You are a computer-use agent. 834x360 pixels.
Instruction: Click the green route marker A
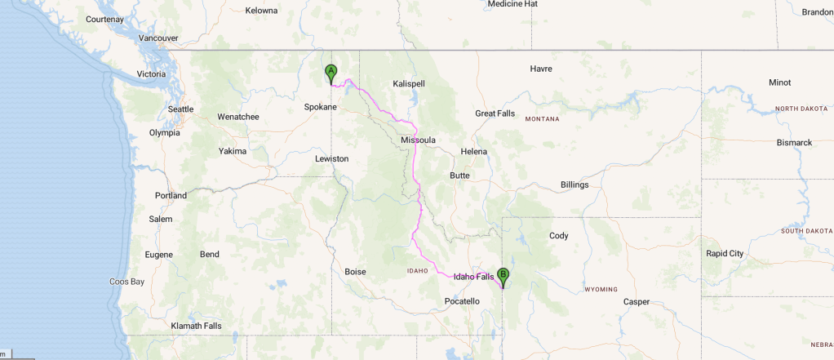tap(330, 73)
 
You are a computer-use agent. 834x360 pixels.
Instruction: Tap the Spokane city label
tap(320, 107)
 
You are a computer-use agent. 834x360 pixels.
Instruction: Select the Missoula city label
tap(418, 140)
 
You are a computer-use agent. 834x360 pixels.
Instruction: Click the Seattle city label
tap(180, 109)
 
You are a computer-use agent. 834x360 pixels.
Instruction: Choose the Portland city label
tap(171, 196)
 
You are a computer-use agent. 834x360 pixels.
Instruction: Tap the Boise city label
tap(355, 272)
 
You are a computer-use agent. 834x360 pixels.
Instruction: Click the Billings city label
tap(574, 185)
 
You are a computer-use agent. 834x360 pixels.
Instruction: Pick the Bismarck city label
tap(794, 143)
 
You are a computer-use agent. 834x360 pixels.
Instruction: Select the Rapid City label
tap(725, 254)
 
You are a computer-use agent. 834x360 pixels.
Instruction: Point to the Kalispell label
tap(409, 84)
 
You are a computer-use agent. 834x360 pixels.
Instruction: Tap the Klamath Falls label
tap(196, 327)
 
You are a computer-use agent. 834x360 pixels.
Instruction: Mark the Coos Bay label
tap(126, 282)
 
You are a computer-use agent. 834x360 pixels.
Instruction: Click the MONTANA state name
tap(542, 119)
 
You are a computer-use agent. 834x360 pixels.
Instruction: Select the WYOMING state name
tap(601, 290)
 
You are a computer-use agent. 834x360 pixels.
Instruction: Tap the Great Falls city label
tap(495, 113)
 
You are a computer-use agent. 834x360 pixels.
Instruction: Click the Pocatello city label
tap(462, 302)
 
